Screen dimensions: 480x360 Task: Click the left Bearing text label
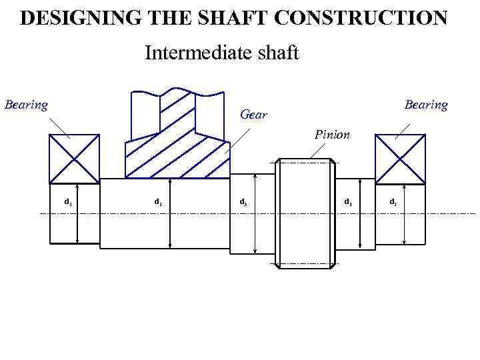pos(26,105)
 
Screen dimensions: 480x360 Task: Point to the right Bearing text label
pos(426,105)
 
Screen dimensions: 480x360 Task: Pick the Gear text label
pos(253,115)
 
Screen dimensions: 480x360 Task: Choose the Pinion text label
pos(332,135)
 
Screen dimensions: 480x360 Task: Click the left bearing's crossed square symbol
pos(74,158)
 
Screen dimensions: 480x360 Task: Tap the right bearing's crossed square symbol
pos(400,158)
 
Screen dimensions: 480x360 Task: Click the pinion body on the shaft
pos(305,213)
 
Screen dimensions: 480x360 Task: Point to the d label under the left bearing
pos(67,201)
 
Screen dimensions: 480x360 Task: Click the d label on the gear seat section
pos(158,201)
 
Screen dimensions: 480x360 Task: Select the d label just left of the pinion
pos(243,201)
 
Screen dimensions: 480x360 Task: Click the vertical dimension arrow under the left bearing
pos(78,213)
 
